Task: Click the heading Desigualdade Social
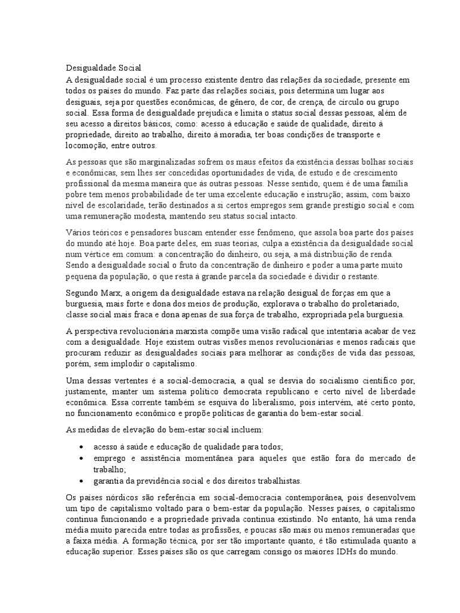click(103, 68)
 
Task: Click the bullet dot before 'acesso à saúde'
click(81, 447)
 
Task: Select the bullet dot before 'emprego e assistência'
click(81, 458)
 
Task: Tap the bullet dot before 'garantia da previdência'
click(81, 481)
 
